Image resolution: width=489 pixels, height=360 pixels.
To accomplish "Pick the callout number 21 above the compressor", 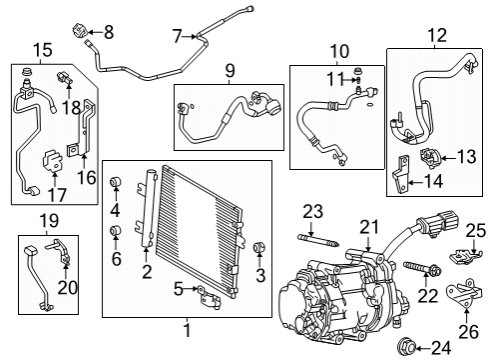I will tap(370, 227).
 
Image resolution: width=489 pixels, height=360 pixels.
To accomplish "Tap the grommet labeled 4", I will tap(115, 183).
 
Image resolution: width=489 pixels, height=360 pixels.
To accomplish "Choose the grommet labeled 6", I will tap(115, 233).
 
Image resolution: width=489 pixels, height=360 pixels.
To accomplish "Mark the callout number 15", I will tap(41, 50).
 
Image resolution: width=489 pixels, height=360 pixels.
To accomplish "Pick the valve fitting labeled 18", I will tap(66, 76).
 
